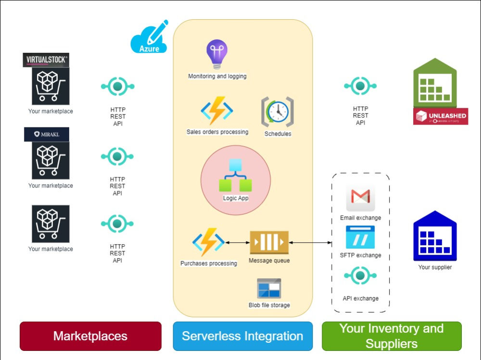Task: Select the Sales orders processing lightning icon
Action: (x=217, y=111)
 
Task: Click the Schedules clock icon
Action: (x=278, y=112)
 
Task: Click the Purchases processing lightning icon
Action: (x=208, y=243)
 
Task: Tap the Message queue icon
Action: (x=269, y=243)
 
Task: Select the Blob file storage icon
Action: (x=269, y=288)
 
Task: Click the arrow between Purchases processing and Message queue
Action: (x=237, y=243)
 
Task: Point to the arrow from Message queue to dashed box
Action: (x=310, y=243)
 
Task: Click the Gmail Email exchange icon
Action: (x=360, y=198)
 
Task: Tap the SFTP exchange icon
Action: (x=360, y=237)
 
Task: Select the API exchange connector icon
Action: (x=360, y=276)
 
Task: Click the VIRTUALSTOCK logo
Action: (x=46, y=60)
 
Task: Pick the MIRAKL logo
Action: (x=46, y=134)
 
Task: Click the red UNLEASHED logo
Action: (x=440, y=116)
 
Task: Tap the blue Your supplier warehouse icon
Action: (x=435, y=236)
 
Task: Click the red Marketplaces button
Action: (x=90, y=336)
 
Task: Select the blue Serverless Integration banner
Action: (x=242, y=336)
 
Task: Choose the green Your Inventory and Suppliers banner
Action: (x=391, y=336)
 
